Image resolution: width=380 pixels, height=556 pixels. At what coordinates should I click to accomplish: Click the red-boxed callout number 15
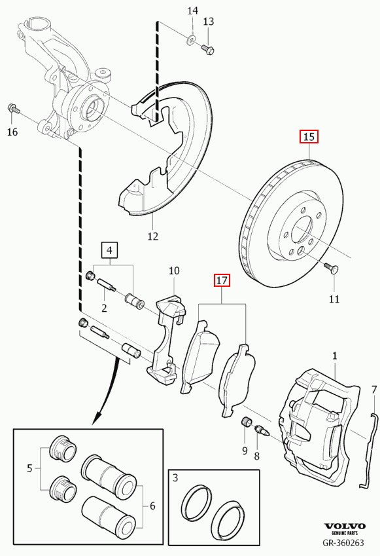[x=309, y=136]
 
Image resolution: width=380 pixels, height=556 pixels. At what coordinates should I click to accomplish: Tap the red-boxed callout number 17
[x=222, y=280]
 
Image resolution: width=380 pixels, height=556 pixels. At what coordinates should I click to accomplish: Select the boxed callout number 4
[x=109, y=250]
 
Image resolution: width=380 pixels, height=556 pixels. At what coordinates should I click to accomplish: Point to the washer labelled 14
[x=191, y=40]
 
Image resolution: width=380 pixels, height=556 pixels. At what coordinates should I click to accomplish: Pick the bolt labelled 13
[x=208, y=49]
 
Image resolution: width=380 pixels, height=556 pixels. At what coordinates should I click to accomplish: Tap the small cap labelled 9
[x=245, y=423]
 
